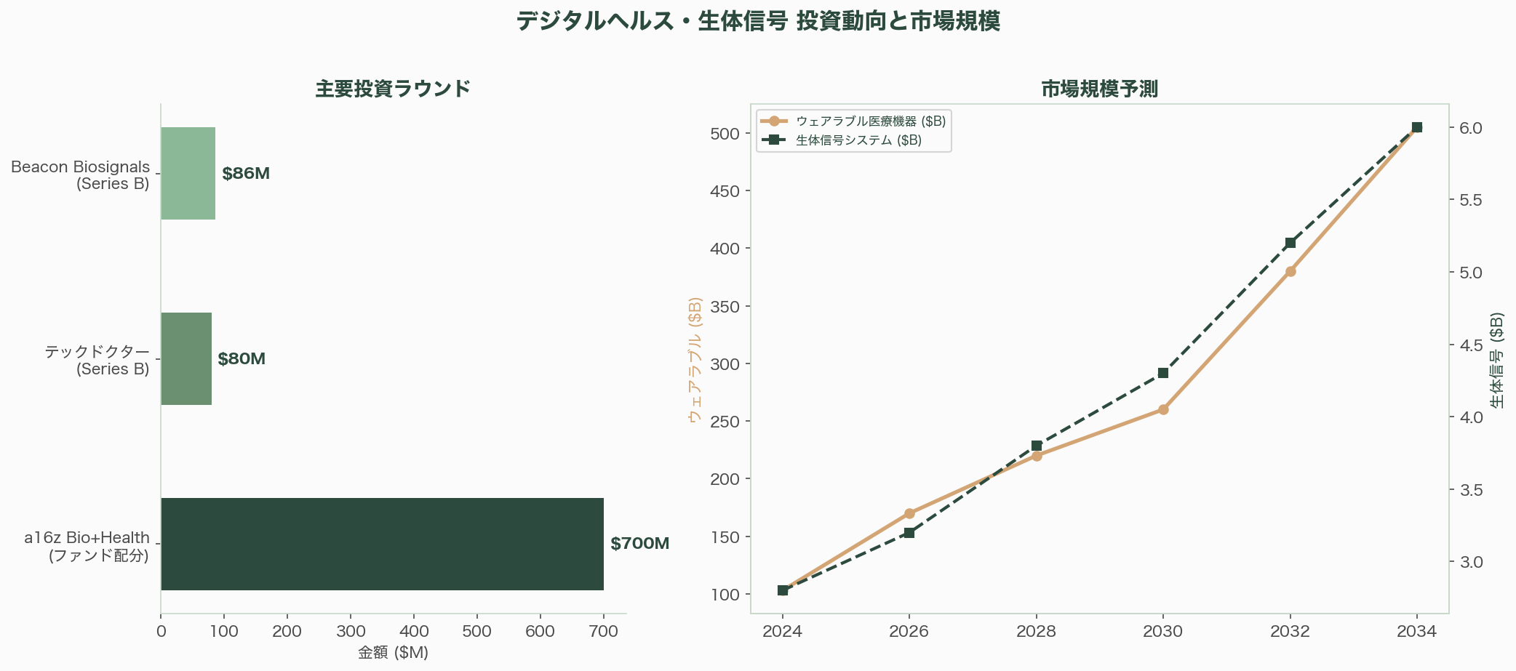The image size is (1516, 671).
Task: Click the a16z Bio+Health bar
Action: (x=382, y=544)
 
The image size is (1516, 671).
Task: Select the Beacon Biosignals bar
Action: (x=188, y=173)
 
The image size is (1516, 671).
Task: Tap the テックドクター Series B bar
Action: (x=186, y=358)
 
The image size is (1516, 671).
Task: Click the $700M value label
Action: (x=639, y=544)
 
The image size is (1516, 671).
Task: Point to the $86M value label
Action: (x=246, y=174)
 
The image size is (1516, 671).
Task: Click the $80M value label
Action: (x=242, y=359)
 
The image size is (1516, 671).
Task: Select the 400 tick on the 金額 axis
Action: (x=414, y=631)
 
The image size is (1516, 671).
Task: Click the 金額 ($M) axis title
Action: (x=393, y=653)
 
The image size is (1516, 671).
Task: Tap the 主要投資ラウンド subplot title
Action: (x=393, y=89)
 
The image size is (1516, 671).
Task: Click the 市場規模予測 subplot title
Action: (x=1099, y=89)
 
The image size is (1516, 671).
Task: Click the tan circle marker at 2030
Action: (x=1163, y=409)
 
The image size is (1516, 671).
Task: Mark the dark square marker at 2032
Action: (x=1290, y=243)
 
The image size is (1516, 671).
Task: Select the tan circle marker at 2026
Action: (x=909, y=513)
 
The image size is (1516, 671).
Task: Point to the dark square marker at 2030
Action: (x=1163, y=373)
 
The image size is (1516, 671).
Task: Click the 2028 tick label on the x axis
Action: (x=1036, y=631)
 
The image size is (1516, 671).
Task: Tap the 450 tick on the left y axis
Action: (x=725, y=191)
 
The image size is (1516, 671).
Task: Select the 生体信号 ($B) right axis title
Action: (x=1496, y=359)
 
